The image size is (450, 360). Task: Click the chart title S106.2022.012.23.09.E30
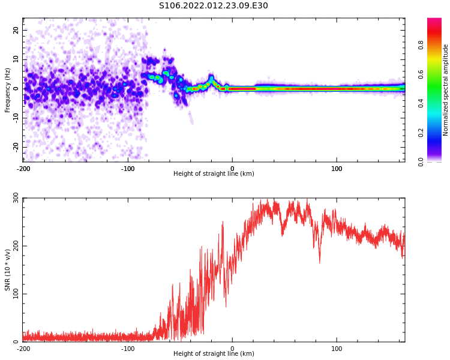coord(214,6)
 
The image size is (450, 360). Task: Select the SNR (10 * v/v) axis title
coord(8,270)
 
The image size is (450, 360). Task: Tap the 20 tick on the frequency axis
coord(16,30)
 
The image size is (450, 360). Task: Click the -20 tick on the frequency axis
coord(14,146)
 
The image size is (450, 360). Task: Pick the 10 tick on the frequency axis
coord(16,59)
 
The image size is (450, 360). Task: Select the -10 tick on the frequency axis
coord(14,118)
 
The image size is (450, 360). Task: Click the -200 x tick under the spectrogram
coord(23,169)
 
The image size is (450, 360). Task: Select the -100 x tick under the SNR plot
coord(128,349)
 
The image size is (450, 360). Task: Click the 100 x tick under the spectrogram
coord(337,169)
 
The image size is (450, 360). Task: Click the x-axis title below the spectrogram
coord(214,174)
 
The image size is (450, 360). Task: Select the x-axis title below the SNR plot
coord(214,354)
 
